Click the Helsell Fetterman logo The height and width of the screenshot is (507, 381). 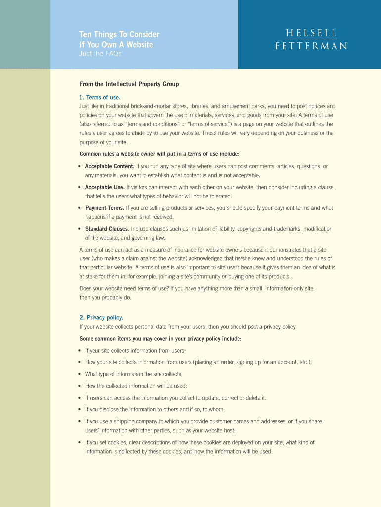(311, 39)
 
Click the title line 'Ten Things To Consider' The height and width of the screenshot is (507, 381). (119, 34)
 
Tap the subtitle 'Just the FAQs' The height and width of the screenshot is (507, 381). (100, 54)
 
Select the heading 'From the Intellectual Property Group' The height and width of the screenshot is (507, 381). (129, 84)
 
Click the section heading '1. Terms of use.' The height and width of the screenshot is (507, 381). (100, 97)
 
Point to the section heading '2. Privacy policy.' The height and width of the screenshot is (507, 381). (101, 317)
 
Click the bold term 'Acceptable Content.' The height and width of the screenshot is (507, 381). (109, 166)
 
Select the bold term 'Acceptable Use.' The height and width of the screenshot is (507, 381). (105, 187)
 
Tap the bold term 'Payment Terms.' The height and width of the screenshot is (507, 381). (104, 208)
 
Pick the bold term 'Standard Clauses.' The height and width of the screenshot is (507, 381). (107, 229)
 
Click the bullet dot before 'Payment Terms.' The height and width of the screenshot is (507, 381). (80, 208)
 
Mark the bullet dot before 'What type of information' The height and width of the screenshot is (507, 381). (80, 374)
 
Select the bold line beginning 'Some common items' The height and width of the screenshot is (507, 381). (160, 339)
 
